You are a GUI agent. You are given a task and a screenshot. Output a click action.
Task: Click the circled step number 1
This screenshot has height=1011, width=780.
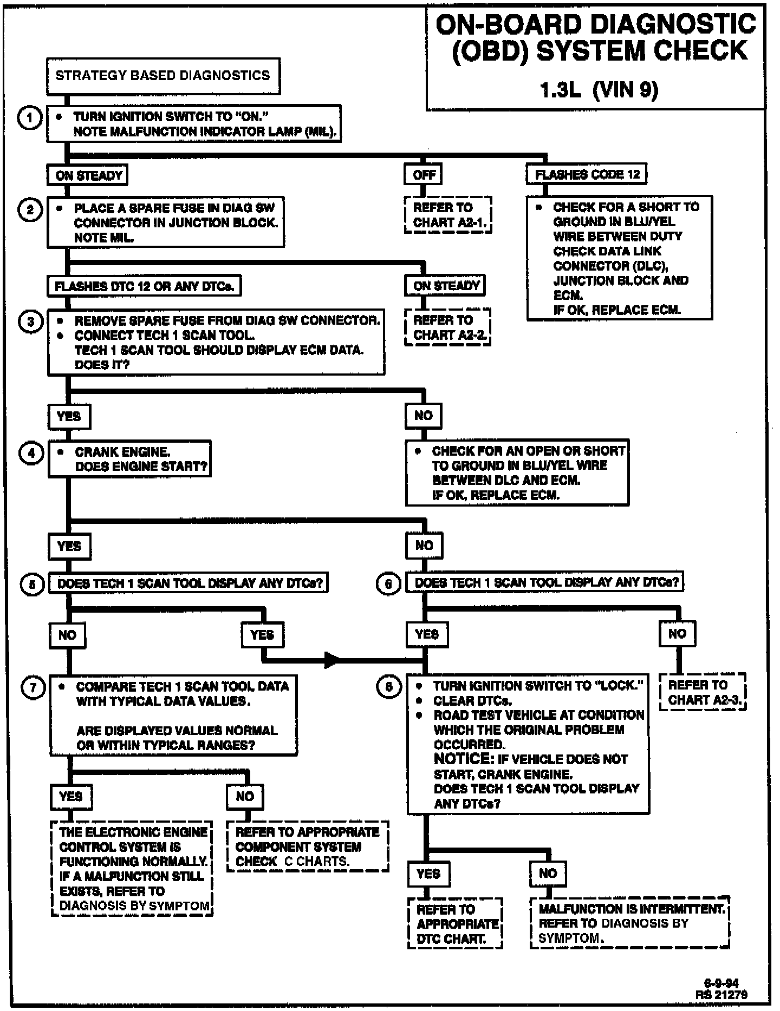[30, 118]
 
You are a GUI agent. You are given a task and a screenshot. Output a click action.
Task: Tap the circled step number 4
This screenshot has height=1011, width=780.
[31, 452]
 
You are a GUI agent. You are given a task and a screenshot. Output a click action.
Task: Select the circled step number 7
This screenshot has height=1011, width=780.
[33, 687]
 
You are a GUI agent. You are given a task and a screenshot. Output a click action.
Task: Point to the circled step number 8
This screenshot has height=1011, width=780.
[388, 687]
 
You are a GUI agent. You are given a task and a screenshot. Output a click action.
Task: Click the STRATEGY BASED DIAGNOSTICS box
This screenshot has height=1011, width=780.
[162, 76]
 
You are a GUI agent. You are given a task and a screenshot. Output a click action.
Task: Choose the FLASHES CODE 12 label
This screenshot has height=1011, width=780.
[587, 174]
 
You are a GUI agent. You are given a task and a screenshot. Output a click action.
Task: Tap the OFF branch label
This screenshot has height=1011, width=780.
[424, 174]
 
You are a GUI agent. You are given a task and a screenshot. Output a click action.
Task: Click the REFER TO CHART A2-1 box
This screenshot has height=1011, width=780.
[447, 215]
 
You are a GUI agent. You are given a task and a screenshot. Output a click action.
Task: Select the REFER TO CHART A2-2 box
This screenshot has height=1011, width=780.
[448, 327]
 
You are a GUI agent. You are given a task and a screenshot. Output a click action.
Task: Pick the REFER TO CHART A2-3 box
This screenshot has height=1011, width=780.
[703, 692]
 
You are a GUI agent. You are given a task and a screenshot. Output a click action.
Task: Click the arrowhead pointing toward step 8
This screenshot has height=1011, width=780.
[331, 660]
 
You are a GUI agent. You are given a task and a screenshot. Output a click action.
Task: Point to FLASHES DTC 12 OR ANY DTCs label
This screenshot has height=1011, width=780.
[144, 286]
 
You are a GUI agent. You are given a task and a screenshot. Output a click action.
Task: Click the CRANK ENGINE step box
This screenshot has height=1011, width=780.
[129, 459]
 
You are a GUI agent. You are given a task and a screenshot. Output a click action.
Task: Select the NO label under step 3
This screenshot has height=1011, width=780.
[424, 416]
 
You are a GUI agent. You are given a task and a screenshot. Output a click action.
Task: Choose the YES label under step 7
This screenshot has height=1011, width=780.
[70, 796]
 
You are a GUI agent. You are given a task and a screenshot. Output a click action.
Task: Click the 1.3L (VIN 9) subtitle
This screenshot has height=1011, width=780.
[599, 90]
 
